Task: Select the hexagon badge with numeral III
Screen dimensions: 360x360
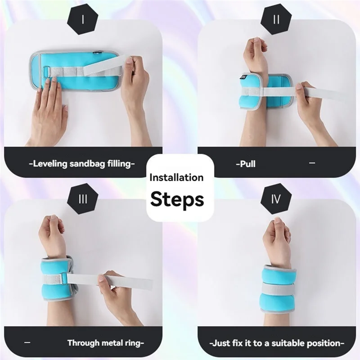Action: [82, 198]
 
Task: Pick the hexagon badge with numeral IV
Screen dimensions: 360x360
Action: [276, 198]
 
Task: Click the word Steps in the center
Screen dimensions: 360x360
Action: [177, 198]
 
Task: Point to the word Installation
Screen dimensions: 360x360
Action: [176, 178]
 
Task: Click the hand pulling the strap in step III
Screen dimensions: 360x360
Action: [115, 292]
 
